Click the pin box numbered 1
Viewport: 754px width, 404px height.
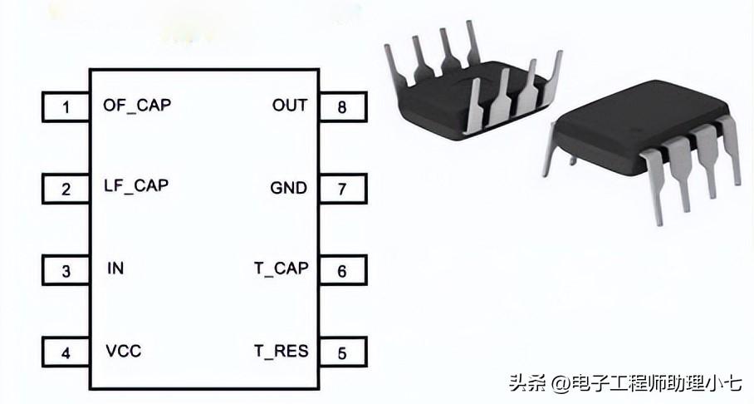[66, 106]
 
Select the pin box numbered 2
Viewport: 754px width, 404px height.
[66, 189]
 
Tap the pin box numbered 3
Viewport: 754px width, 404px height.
[66, 270]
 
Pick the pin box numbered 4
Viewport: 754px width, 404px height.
[66, 352]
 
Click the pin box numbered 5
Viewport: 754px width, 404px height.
[341, 352]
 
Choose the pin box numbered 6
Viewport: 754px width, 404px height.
[341, 270]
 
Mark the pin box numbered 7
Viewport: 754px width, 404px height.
[341, 189]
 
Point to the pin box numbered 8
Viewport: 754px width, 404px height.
[341, 106]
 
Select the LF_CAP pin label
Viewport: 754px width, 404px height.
[136, 185]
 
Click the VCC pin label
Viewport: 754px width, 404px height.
[123, 351]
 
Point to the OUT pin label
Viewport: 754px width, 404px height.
[289, 106]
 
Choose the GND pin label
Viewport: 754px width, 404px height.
[288, 187]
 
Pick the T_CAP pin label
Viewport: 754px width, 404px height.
[281, 268]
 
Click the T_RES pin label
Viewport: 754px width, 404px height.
[281, 351]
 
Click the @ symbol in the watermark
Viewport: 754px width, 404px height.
[559, 384]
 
